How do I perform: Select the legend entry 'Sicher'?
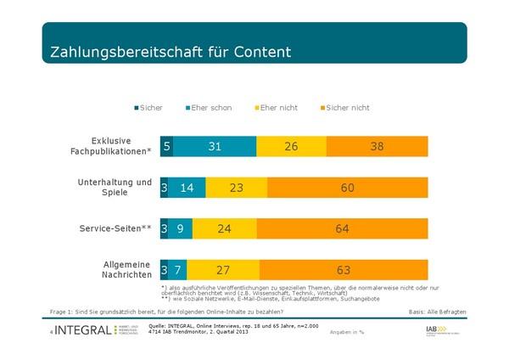pos(148,108)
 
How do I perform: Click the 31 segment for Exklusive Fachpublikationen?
pos(215,147)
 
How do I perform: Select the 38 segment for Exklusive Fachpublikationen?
pos(377,147)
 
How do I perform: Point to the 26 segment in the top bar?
pos(291,147)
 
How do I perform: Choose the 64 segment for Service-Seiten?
pos(342,229)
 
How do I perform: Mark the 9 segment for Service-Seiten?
pos(179,229)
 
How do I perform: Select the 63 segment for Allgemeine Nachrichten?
pos(344,271)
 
